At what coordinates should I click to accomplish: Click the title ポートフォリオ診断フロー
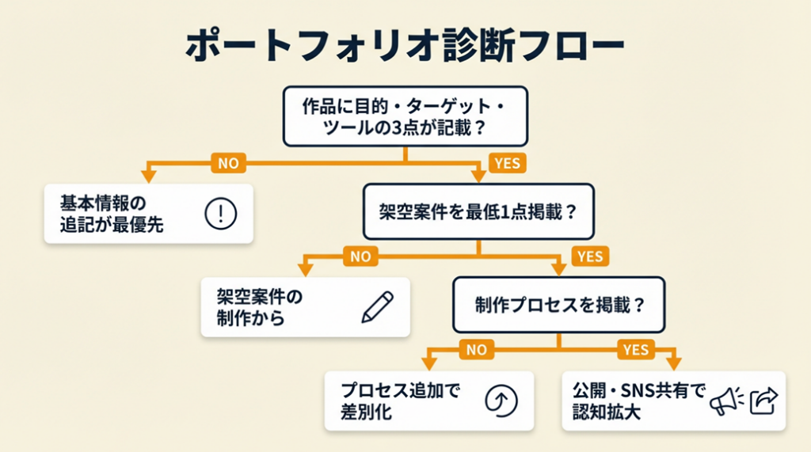pyautogui.click(x=405, y=46)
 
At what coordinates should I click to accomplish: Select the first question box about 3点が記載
pyautogui.click(x=405, y=116)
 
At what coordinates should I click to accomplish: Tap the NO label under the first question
pyautogui.click(x=228, y=163)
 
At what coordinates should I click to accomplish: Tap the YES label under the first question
pyautogui.click(x=508, y=163)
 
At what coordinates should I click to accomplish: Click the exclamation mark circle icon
pyautogui.click(x=221, y=213)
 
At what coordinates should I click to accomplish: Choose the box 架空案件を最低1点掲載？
pyautogui.click(x=478, y=211)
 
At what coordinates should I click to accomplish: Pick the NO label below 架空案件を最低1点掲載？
pyautogui.click(x=360, y=256)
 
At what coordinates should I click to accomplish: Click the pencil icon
pyautogui.click(x=377, y=307)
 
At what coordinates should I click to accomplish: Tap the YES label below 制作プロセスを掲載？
pyautogui.click(x=635, y=349)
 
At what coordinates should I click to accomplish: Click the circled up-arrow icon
pyautogui.click(x=501, y=401)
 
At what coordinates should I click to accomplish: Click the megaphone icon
pyautogui.click(x=725, y=401)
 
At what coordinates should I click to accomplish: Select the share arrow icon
pyautogui.click(x=764, y=401)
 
